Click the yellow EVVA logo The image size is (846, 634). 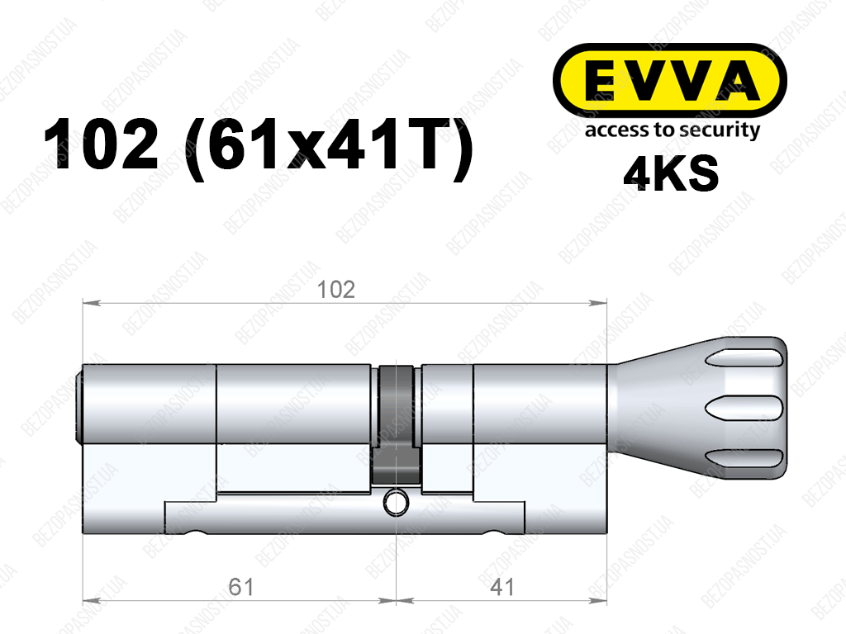[669, 81]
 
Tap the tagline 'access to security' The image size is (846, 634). [672, 130]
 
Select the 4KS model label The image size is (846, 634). [671, 173]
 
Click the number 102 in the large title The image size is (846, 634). [102, 144]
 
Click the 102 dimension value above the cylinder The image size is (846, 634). [335, 290]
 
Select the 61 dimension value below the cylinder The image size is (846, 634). [240, 587]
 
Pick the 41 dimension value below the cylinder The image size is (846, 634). [501, 587]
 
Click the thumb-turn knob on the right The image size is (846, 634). [696, 408]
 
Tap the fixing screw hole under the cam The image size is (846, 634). [396, 503]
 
